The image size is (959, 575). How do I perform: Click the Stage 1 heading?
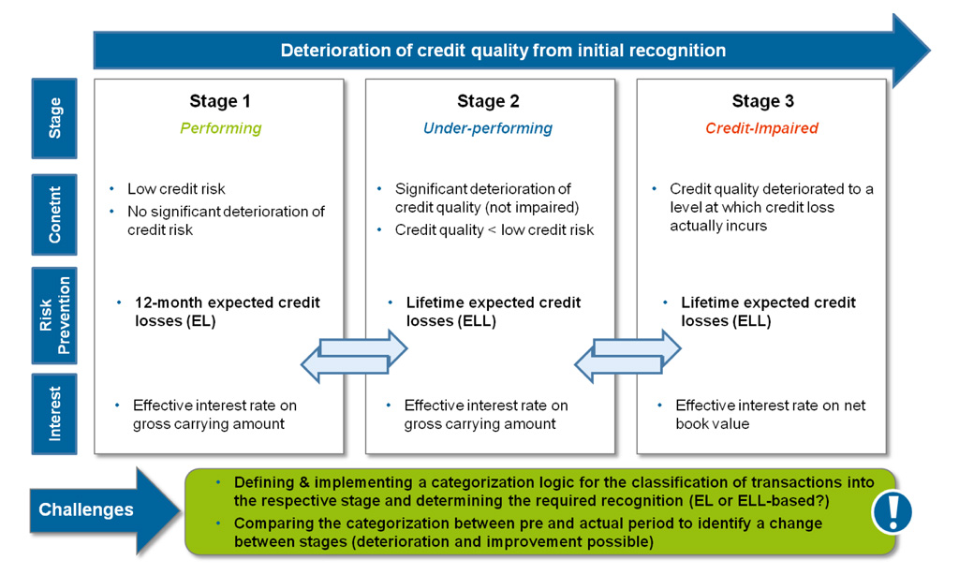click(x=220, y=101)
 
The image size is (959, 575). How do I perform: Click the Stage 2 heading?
click(x=488, y=101)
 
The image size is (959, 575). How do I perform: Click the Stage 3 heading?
click(x=762, y=101)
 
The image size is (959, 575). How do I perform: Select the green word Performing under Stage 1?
click(x=221, y=128)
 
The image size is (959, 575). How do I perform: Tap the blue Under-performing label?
click(x=488, y=128)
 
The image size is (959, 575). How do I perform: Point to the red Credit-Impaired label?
click(x=761, y=128)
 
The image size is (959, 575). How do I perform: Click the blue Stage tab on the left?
click(x=54, y=118)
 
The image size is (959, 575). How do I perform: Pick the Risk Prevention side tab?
click(x=54, y=316)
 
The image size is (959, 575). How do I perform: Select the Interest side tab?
click(x=54, y=413)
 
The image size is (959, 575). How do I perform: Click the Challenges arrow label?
click(x=86, y=510)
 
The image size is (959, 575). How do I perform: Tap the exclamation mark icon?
click(x=892, y=511)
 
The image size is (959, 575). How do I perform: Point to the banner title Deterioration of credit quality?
click(x=503, y=51)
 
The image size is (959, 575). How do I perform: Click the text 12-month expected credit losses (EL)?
click(x=228, y=311)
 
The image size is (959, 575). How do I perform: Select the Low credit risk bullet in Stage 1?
click(x=176, y=189)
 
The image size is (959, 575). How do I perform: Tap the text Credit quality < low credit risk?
click(x=494, y=230)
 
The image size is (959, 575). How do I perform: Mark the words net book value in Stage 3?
click(x=712, y=423)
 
